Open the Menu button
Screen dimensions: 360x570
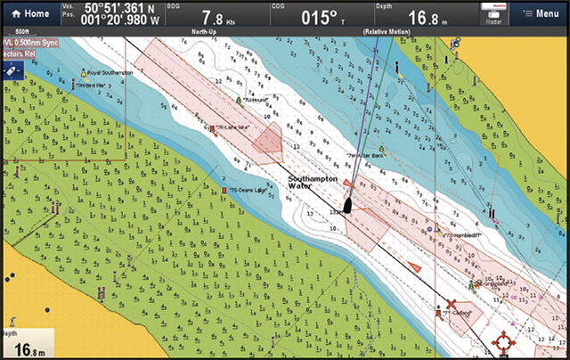pos(541,13)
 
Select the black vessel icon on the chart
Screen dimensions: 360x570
pos(348,203)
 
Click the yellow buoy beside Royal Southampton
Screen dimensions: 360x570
pos(83,72)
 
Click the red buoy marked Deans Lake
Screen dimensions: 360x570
pos(224,190)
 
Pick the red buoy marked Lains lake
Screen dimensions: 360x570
pos(211,129)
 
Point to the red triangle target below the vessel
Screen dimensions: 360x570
pos(413,266)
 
